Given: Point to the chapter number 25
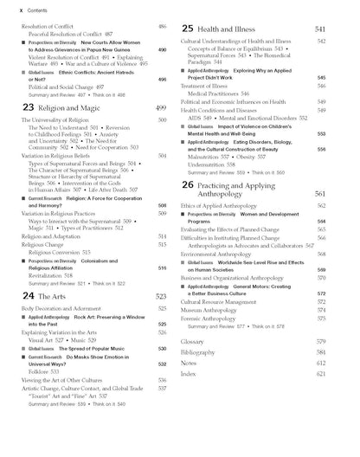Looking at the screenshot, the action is (x=189, y=29).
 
